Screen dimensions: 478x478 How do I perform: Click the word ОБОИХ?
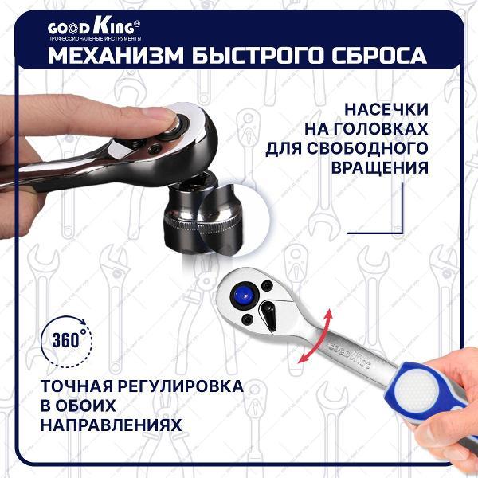pos(80,406)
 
